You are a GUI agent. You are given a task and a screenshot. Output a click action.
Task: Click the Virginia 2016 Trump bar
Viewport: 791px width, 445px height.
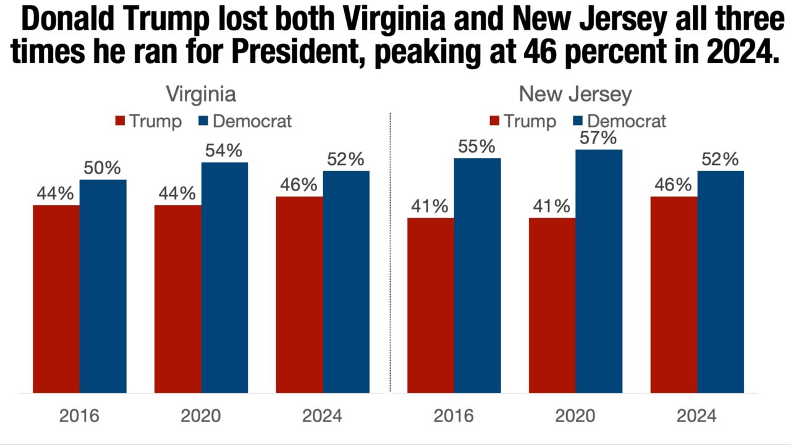point(56,299)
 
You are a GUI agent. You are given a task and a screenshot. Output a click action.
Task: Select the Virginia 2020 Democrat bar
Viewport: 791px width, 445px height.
point(224,278)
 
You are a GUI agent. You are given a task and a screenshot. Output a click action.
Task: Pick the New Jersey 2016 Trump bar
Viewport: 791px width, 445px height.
point(431,305)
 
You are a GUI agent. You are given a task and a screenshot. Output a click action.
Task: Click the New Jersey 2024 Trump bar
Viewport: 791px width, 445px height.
point(674,294)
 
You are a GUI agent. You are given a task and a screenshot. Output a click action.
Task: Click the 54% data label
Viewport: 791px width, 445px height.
point(224,150)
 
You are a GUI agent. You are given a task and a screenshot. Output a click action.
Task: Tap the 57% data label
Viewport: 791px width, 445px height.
point(599,137)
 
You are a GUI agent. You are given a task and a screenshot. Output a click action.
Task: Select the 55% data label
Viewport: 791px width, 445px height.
point(477,146)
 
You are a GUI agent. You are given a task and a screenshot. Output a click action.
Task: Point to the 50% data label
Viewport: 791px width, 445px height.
point(103,167)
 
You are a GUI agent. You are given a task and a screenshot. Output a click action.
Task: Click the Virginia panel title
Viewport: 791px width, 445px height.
point(201,95)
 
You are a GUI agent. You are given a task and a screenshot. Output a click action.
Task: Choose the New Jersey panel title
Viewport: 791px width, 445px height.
point(575,95)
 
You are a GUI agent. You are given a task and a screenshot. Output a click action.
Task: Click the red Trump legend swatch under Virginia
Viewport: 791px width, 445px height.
point(120,121)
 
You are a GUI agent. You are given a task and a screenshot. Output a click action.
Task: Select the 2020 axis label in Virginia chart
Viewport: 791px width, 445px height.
point(201,415)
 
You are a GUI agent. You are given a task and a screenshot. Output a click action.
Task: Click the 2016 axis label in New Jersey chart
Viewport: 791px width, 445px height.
point(454,415)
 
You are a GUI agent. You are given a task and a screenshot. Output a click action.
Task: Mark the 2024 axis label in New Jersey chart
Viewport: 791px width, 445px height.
point(696,415)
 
